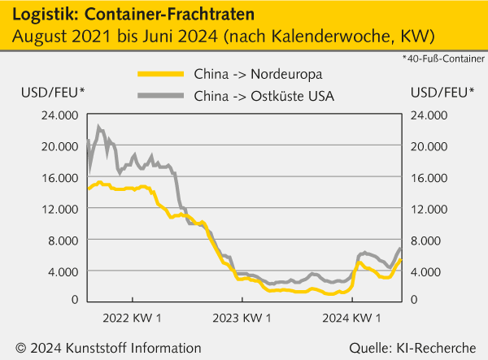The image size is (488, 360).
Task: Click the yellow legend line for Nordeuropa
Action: point(162,76)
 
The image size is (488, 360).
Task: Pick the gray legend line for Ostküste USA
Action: point(162,97)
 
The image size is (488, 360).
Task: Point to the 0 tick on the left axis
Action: point(74,300)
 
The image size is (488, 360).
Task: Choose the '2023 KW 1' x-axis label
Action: point(242,315)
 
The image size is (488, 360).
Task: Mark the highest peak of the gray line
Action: point(99,127)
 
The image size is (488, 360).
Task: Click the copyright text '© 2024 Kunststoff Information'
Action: point(108,348)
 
